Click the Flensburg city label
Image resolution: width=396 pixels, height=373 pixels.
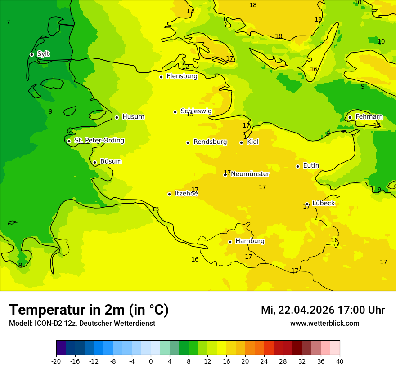point(182,76)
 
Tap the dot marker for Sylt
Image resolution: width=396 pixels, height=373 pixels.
point(31,54)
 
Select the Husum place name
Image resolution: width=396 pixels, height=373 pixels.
point(133,117)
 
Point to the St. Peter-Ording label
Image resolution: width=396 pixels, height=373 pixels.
point(99,141)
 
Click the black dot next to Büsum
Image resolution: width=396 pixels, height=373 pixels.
point(94,162)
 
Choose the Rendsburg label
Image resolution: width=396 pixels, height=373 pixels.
point(210,142)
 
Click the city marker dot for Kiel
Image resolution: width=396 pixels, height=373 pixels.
point(241,142)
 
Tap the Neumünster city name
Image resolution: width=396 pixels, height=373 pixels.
point(250,174)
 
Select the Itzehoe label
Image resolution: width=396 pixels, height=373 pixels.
point(186,194)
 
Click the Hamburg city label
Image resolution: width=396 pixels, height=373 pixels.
point(250,241)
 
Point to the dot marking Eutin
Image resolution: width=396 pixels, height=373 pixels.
point(297,166)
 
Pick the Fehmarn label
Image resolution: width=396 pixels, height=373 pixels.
point(369,117)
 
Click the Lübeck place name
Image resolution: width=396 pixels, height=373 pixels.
point(323,203)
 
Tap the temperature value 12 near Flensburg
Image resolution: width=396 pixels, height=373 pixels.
point(185,67)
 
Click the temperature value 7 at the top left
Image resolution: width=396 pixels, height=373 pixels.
point(8,22)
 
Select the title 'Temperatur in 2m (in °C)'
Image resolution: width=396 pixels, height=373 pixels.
point(89,310)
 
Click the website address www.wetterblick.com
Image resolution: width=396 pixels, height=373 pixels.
point(324,324)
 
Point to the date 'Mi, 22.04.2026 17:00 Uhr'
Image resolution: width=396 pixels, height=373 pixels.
point(323,310)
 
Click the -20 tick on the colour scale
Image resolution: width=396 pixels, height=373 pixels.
point(56,361)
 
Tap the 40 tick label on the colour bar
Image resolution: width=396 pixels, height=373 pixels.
point(339,361)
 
